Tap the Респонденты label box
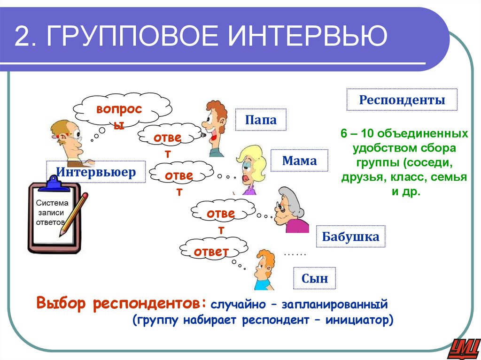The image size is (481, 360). (x=402, y=100)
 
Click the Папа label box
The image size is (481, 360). (x=261, y=120)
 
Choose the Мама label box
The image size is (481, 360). (x=299, y=161)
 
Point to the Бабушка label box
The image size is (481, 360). (x=350, y=237)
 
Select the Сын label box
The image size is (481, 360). (x=315, y=279)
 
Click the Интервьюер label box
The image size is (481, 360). (x=96, y=172)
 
